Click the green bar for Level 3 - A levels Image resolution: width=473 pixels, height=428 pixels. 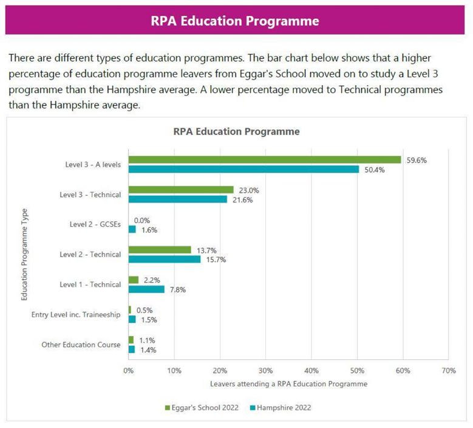click(x=265, y=160)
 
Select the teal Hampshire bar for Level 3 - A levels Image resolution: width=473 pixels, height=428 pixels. click(x=243, y=169)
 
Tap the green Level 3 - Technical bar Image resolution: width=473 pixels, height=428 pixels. click(x=181, y=190)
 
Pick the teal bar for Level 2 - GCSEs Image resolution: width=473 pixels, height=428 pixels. click(x=132, y=229)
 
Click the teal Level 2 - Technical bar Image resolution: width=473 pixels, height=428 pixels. click(x=165, y=259)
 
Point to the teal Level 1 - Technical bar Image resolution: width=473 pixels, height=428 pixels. click(x=146, y=289)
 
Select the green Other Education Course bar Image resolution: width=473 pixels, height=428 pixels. click(x=131, y=340)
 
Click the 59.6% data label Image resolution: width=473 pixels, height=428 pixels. click(x=417, y=160)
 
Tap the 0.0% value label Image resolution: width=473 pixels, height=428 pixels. click(x=142, y=221)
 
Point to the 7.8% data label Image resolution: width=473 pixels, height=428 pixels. click(x=178, y=290)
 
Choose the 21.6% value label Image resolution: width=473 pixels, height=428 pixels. click(x=242, y=200)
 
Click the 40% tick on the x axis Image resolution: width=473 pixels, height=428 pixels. click(x=311, y=371)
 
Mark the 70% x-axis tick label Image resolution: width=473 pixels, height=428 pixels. click(x=449, y=371)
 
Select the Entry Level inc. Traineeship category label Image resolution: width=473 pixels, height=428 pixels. click(x=76, y=315)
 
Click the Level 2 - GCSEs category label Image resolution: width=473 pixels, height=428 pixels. click(x=95, y=224)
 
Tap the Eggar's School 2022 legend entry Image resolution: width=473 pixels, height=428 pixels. click(x=202, y=408)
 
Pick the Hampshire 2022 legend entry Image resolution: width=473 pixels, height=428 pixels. click(x=281, y=408)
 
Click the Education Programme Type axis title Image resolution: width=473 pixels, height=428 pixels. click(x=24, y=254)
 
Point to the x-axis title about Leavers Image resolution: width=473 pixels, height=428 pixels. click(x=288, y=384)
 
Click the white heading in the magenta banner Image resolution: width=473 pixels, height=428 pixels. click(x=235, y=21)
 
